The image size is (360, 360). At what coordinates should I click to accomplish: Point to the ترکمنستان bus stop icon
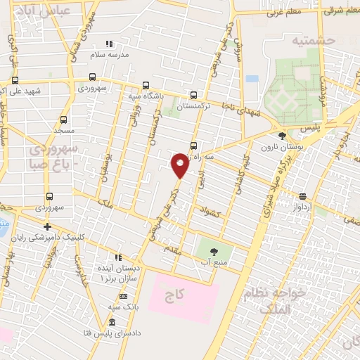click(193, 96)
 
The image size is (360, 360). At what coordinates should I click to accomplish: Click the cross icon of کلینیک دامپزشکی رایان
click(47, 226)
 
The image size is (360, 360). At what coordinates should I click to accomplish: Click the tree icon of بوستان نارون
click(283, 136)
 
